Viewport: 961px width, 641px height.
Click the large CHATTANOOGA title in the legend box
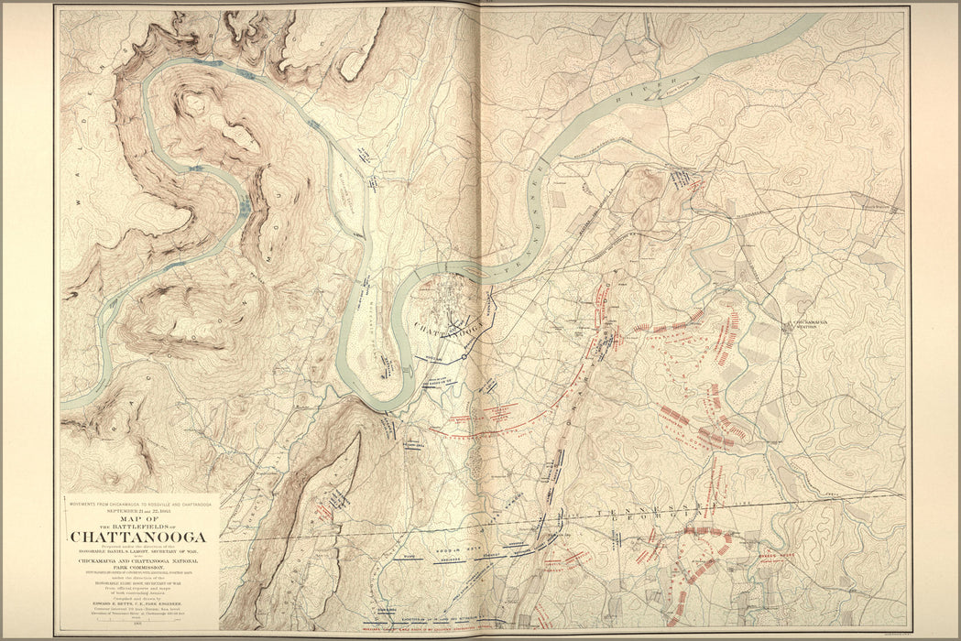tap(138, 537)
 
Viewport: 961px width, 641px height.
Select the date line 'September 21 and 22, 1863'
tap(138, 510)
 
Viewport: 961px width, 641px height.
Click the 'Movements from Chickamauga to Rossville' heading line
tap(138, 504)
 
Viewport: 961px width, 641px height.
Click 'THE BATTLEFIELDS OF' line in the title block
tap(138, 527)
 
